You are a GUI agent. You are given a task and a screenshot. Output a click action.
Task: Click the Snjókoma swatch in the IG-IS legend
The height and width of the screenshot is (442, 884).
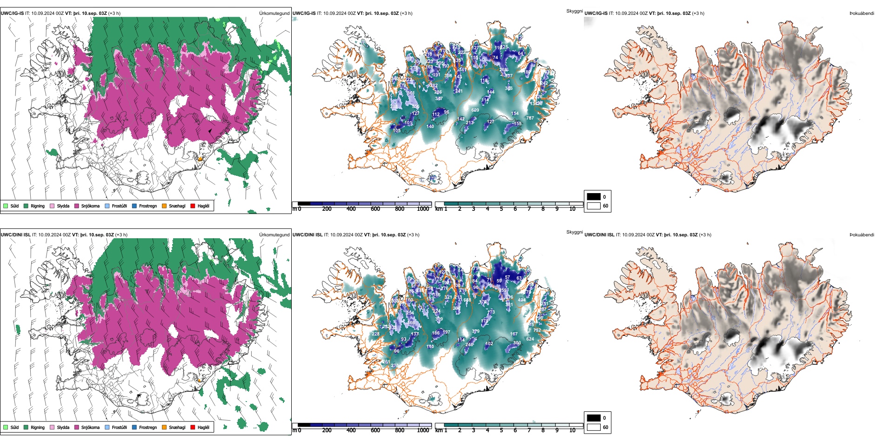77,206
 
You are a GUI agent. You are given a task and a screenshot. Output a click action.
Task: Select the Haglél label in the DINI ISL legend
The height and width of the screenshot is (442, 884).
203,427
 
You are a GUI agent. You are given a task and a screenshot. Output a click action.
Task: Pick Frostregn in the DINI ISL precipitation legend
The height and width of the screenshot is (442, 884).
147,427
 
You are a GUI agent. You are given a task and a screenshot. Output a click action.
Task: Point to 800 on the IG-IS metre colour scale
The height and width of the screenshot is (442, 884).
400,209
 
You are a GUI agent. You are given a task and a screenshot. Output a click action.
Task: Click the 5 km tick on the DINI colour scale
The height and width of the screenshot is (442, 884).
501,430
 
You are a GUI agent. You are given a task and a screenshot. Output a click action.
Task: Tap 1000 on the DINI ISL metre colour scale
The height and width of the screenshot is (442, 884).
423,430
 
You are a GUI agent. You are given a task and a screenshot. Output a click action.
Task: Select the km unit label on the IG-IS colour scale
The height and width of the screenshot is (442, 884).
439,209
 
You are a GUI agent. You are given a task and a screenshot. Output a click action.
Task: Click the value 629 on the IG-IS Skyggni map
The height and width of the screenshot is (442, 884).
475,110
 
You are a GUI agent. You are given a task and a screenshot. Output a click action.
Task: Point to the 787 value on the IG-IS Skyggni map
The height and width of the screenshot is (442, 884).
530,118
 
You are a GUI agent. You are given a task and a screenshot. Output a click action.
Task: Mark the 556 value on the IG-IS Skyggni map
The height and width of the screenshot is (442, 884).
415,107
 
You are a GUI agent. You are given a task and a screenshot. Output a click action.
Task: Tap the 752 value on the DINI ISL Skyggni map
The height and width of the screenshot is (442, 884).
537,330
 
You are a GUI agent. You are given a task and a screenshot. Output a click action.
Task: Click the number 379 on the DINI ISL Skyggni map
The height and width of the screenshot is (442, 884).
475,331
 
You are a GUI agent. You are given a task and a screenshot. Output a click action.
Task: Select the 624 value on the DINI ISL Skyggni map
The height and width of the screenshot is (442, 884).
530,339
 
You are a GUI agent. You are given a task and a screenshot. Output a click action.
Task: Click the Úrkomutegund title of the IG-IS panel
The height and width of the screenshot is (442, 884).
274,13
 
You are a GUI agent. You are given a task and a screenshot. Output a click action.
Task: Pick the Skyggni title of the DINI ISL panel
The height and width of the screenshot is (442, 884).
574,232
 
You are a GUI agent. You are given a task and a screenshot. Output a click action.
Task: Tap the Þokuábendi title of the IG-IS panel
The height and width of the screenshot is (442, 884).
862,13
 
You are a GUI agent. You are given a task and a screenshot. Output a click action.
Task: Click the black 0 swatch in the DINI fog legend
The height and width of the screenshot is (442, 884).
594,418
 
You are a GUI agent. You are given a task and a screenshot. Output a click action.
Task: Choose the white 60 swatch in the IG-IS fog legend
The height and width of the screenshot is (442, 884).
594,206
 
